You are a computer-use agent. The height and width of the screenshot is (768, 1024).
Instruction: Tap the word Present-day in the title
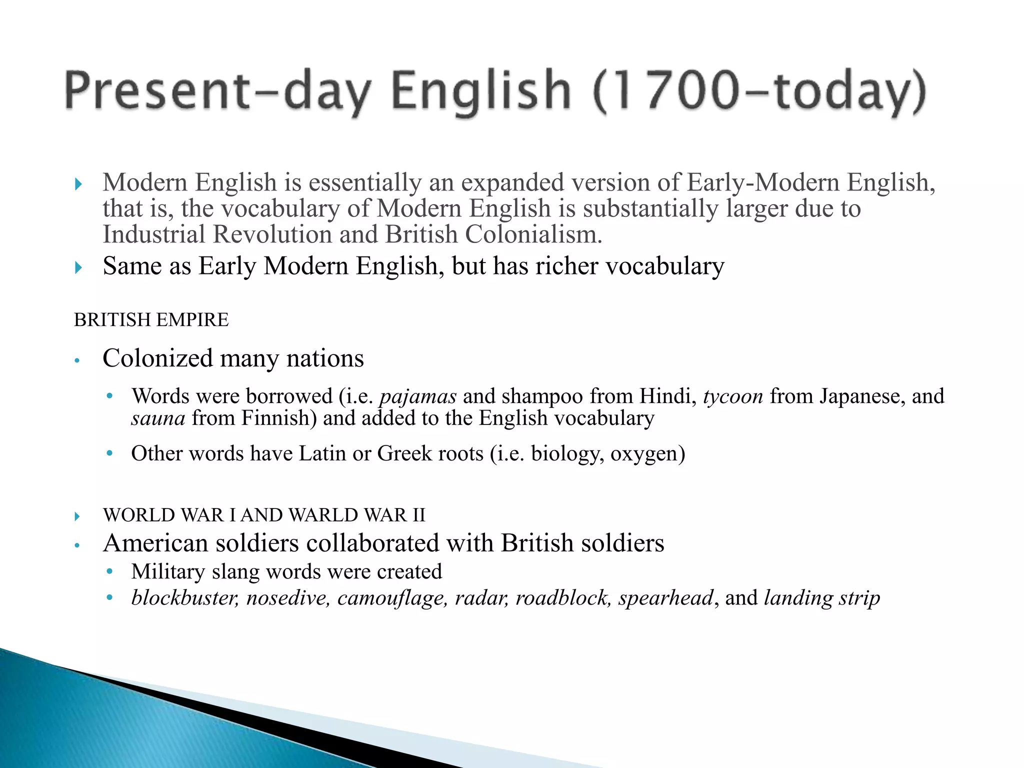point(217,91)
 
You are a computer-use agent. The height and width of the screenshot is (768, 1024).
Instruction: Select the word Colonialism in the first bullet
point(533,234)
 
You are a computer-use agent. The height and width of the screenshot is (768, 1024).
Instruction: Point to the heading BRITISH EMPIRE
point(151,320)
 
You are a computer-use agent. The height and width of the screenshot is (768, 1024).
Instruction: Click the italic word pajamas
point(418,396)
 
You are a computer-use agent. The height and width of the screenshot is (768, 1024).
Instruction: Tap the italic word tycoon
point(733,396)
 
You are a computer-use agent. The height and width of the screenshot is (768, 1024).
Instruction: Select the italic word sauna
point(158,418)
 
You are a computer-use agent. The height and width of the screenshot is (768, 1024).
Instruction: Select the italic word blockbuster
point(185,598)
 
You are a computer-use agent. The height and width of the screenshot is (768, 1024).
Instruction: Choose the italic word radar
point(481,598)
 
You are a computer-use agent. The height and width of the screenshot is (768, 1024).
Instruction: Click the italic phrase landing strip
point(822,598)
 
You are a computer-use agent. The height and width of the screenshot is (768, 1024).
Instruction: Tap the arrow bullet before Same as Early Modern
point(78,267)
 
